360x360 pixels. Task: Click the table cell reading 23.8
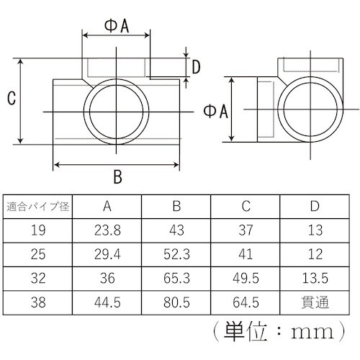[107, 230]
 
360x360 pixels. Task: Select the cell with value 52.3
[176, 254]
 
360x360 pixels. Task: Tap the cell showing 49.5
[246, 278]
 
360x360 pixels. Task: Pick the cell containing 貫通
[315, 302]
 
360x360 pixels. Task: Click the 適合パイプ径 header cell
[38, 207]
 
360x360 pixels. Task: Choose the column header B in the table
[176, 207]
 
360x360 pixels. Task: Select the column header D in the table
[315, 207]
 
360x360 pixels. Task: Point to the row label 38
[38, 302]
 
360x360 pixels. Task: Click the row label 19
[38, 230]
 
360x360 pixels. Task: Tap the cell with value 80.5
[176, 302]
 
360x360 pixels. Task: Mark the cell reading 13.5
[315, 278]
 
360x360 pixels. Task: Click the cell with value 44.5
[107, 302]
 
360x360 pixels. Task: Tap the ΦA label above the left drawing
[117, 26]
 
